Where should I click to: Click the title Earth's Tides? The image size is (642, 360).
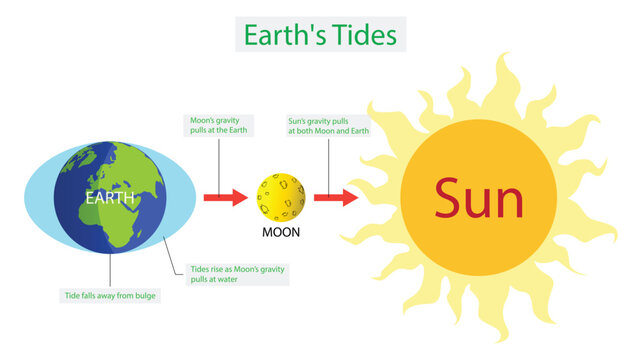coord(320,36)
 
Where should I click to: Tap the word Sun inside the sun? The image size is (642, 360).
coord(478,200)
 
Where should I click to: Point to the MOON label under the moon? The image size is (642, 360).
coord(281,233)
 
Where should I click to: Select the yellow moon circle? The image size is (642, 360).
coord(281,197)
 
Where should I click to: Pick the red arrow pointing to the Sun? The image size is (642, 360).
coord(336,197)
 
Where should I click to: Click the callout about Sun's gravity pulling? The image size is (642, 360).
coord(327,125)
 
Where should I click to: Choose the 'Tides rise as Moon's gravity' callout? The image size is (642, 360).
coord(238,274)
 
